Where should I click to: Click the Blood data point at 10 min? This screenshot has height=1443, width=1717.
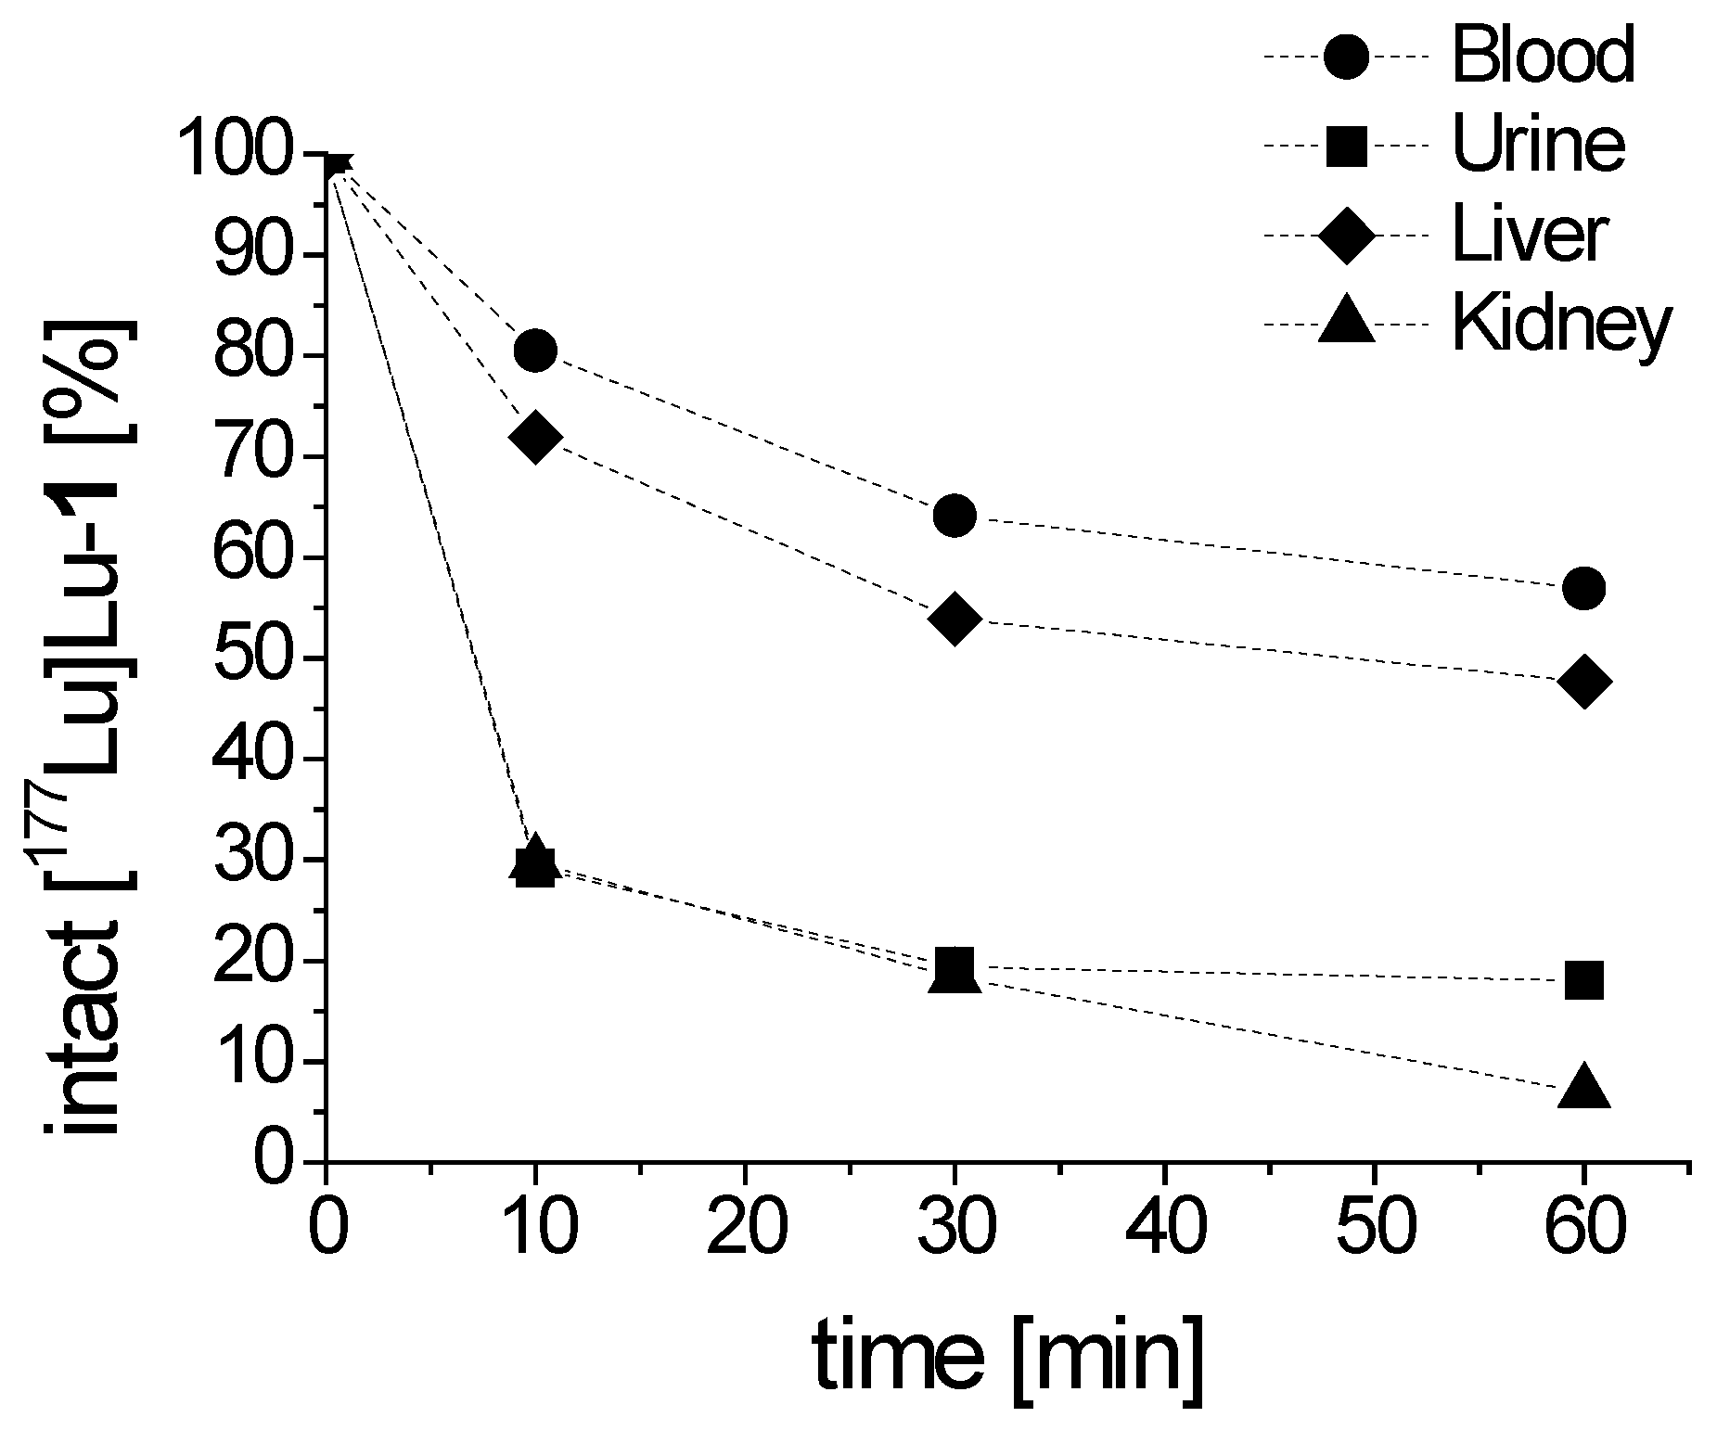click(x=535, y=351)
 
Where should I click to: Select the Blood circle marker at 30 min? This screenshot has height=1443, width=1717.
click(x=955, y=516)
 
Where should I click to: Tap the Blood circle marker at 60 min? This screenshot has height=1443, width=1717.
click(x=1583, y=588)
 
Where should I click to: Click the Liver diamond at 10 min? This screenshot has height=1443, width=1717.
click(x=535, y=437)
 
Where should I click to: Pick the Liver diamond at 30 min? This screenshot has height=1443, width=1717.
click(x=955, y=619)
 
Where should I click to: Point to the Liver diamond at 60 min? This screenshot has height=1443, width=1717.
click(x=1583, y=682)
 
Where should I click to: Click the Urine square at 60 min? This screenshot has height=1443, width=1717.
click(x=1583, y=979)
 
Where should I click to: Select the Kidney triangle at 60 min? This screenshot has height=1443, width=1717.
click(x=1583, y=1087)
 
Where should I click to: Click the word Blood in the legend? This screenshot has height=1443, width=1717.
click(x=1543, y=56)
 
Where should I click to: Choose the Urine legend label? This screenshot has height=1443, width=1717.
click(x=1539, y=146)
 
